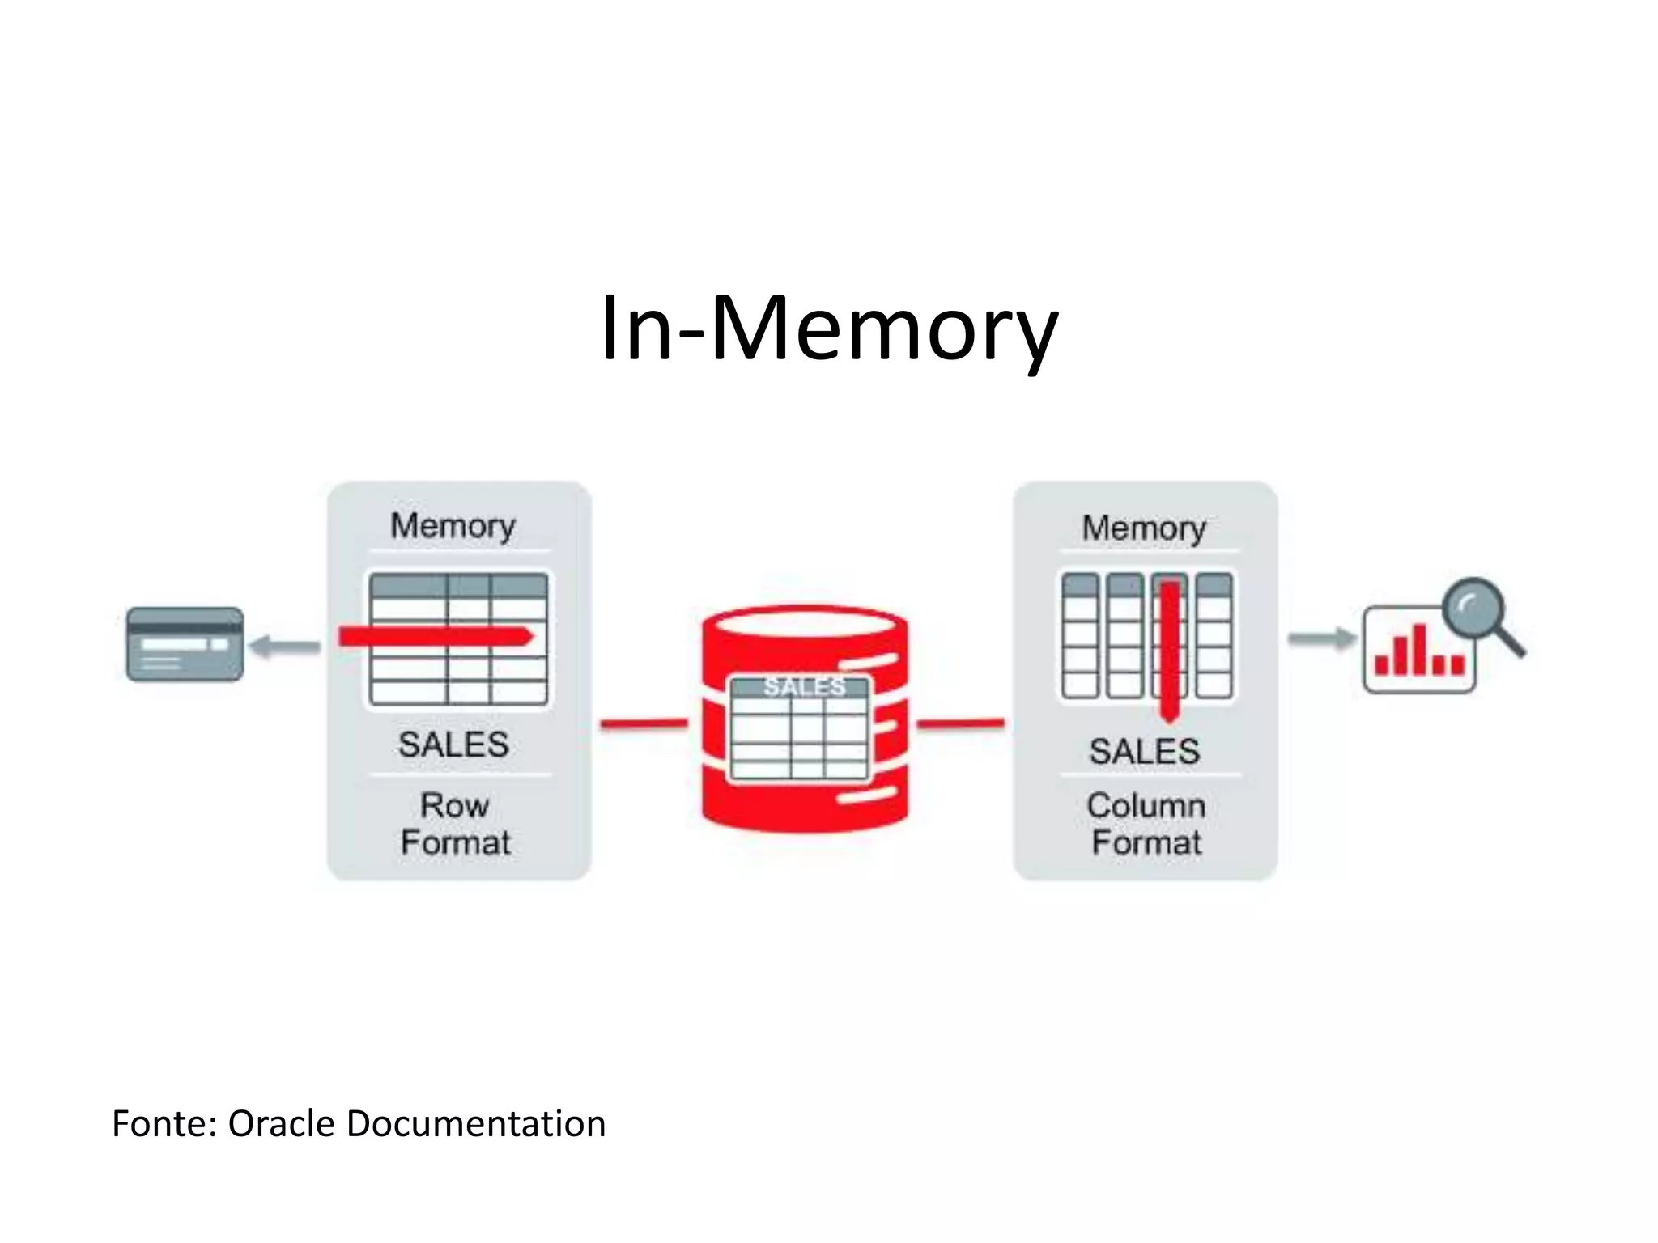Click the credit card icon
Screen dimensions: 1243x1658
pyautogui.click(x=185, y=644)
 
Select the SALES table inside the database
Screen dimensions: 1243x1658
pyautogui.click(x=800, y=728)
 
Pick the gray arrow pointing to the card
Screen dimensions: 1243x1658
pyautogui.click(x=285, y=646)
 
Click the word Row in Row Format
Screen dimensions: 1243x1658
pyautogui.click(x=454, y=806)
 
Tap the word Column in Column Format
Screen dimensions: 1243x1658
pyautogui.click(x=1146, y=806)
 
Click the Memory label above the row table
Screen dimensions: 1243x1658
pyautogui.click(x=453, y=526)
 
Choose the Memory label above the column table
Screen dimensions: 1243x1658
pyautogui.click(x=1144, y=528)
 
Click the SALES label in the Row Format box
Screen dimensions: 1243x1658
pyautogui.click(x=453, y=745)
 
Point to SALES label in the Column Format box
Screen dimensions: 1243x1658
pyautogui.click(x=1144, y=752)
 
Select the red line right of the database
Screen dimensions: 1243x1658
pyautogui.click(x=961, y=723)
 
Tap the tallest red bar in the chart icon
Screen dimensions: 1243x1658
pyautogui.click(x=1419, y=649)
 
